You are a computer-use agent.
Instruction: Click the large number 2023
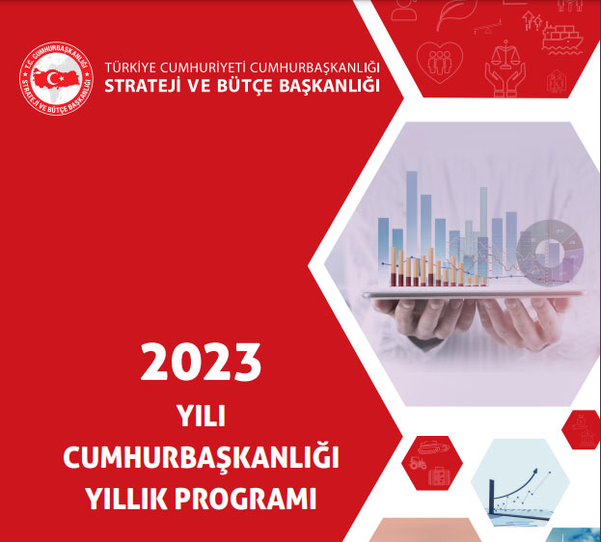click(x=201, y=362)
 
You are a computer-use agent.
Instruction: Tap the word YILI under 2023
click(x=201, y=417)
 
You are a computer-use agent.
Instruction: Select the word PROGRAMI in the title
click(x=245, y=499)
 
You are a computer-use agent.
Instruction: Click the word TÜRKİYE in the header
click(x=130, y=68)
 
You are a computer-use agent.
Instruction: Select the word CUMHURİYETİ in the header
click(x=203, y=68)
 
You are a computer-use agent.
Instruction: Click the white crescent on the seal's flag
click(x=52, y=78)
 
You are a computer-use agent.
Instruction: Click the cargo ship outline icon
click(x=562, y=38)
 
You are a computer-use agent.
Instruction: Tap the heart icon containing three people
click(x=440, y=63)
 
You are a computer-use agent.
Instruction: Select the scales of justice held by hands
click(x=505, y=68)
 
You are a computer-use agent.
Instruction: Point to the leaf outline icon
click(x=455, y=14)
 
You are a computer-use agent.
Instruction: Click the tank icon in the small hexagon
click(x=433, y=447)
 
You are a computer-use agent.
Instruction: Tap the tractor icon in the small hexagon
click(x=418, y=463)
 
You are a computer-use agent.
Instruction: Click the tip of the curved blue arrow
click(x=537, y=469)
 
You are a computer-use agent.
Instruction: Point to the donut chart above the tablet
click(x=550, y=253)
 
